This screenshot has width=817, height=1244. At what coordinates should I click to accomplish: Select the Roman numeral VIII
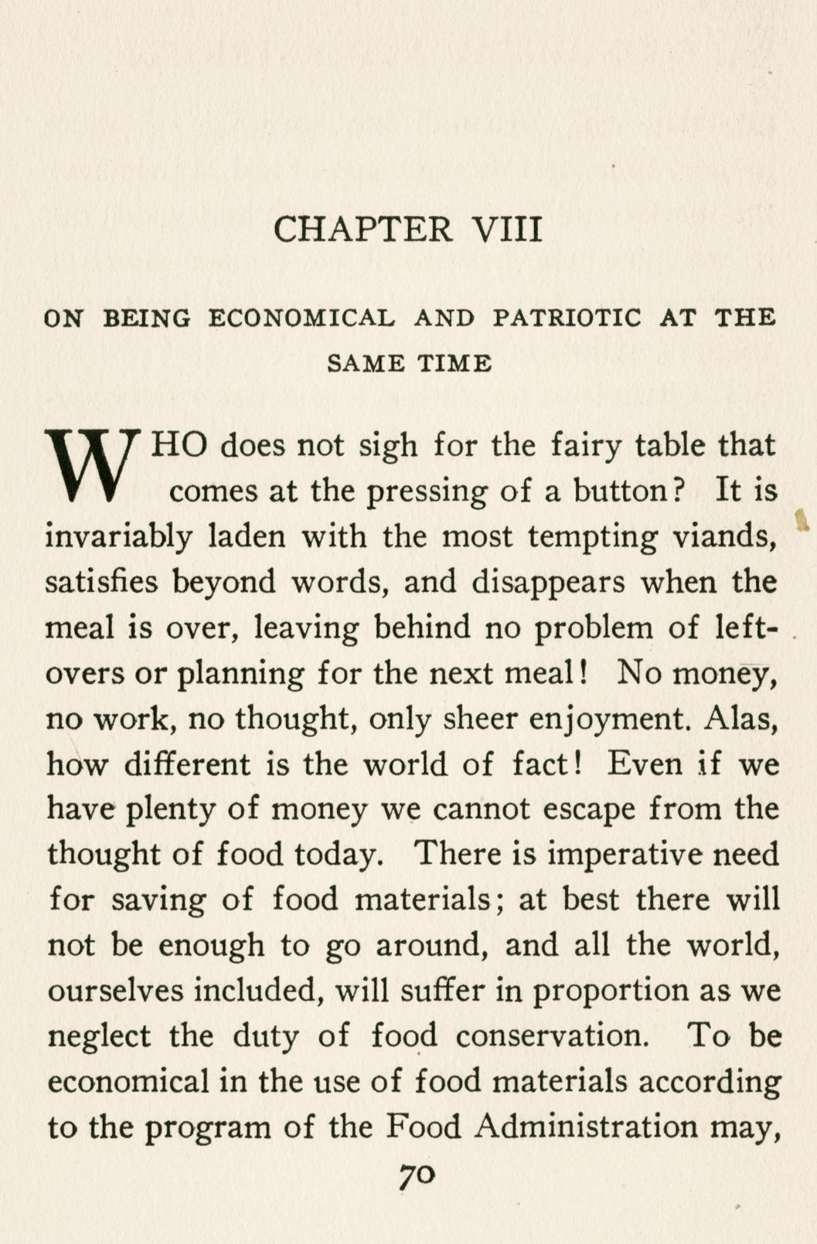[x=506, y=229]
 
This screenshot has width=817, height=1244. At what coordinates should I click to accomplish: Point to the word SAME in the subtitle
[x=366, y=363]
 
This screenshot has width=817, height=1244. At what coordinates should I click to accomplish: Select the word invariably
[x=118, y=536]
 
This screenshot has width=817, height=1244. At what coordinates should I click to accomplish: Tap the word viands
[x=727, y=536]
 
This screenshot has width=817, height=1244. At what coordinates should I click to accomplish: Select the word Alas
[x=740, y=719]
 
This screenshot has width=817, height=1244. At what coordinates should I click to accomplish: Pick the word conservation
[x=552, y=1036]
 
